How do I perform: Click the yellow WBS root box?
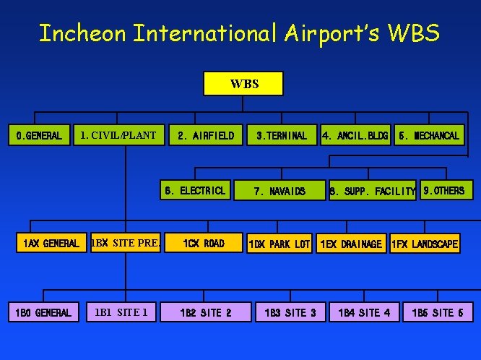coord(244,84)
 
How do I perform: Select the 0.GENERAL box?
coord(40,135)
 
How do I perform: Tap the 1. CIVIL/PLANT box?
coord(118,135)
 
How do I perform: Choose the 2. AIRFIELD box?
coord(205,135)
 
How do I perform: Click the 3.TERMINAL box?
coord(281,135)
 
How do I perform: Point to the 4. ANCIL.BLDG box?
coord(355,135)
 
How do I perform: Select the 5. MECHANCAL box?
coord(428,135)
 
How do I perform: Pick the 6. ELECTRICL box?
coord(195,191)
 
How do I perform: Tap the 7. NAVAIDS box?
coord(279,192)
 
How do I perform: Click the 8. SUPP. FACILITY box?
coord(373,192)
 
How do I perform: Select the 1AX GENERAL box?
coord(51,244)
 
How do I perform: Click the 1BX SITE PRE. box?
coord(125,244)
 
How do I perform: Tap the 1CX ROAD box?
coord(203,244)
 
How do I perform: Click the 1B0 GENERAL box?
coord(43,312)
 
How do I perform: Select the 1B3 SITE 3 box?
coord(290,312)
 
